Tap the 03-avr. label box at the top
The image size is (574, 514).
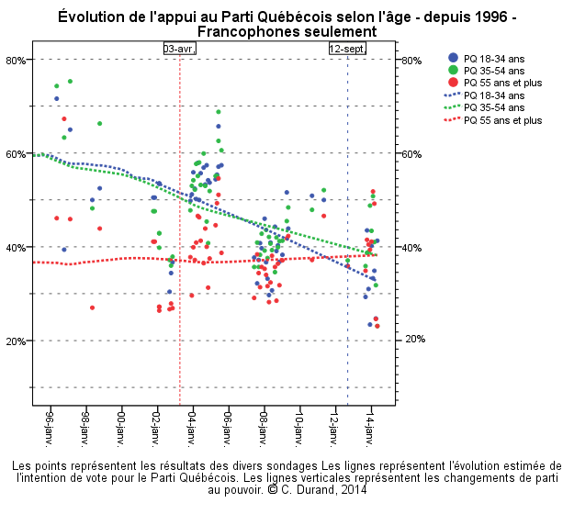(179, 48)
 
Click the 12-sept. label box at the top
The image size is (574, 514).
(346, 48)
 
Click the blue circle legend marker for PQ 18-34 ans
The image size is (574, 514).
(453, 58)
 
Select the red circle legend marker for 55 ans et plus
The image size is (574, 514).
(453, 83)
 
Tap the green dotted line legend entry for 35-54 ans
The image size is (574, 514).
(453, 107)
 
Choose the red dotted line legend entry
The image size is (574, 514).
(453, 120)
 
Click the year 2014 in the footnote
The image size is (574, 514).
(353, 490)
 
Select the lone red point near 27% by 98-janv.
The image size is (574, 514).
(92, 307)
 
